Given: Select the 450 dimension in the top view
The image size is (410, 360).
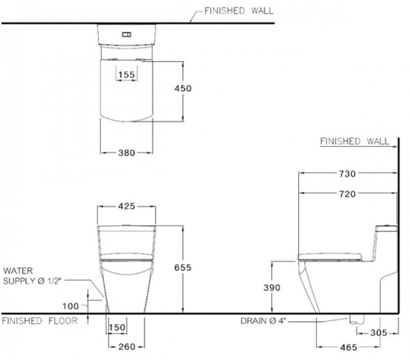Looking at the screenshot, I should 183,88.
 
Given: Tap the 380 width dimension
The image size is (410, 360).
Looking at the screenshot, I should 126,153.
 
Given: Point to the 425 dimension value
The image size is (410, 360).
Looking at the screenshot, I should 126,206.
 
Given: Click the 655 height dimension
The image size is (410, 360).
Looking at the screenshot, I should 183,268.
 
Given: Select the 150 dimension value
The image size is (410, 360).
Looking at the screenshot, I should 117,327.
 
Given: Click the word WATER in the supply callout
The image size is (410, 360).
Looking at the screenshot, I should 18,270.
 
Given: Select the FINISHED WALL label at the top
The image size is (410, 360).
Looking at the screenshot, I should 239,11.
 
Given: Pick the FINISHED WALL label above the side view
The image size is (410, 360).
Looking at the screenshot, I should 354,141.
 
